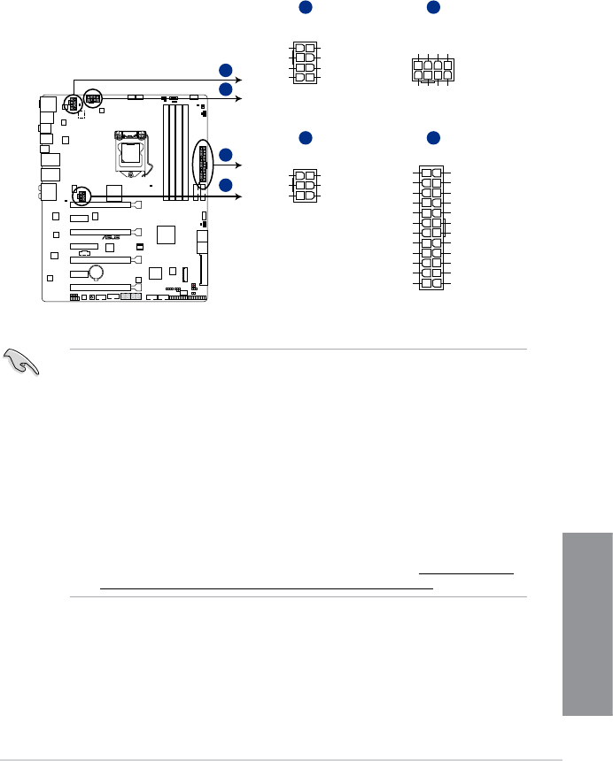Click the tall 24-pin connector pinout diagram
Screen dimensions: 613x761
[431, 228]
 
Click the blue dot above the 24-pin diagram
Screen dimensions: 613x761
[433, 138]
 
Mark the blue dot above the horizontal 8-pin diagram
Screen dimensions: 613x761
[433, 8]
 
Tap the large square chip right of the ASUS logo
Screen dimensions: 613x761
[167, 234]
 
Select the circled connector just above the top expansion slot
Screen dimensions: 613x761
[81, 195]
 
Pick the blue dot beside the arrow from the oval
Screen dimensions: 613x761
[227, 156]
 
